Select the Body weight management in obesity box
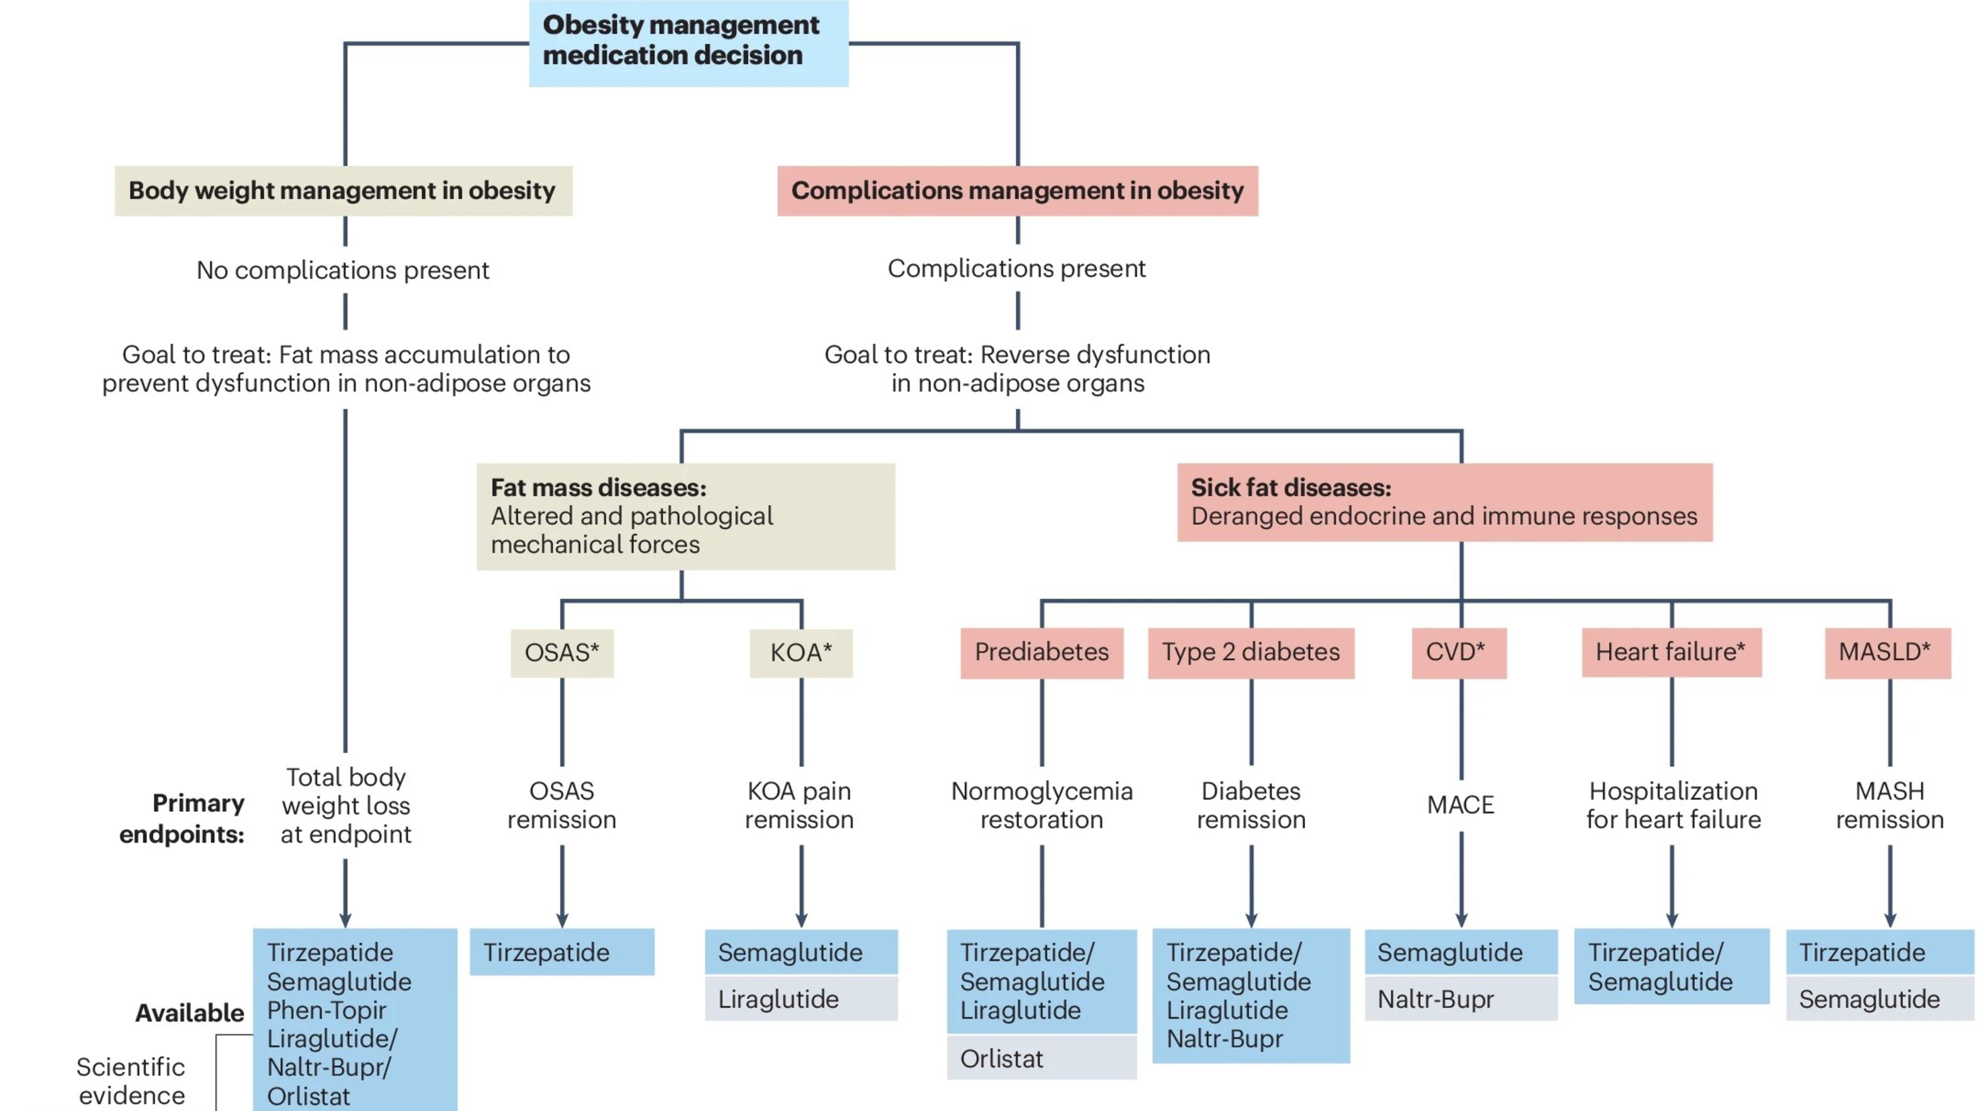[x=343, y=190]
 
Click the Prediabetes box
[x=1042, y=652]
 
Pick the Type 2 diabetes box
[x=1250, y=652]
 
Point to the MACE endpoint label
[x=1460, y=805]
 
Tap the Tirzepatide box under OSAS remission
[x=562, y=952]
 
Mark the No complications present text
[x=342, y=270]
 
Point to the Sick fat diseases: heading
[x=1291, y=487]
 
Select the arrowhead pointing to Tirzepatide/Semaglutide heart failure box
[x=1672, y=920]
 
